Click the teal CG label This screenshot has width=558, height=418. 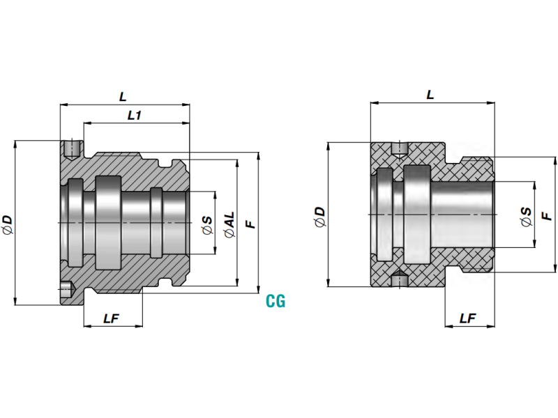[276, 302]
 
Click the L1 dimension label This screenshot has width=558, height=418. [135, 116]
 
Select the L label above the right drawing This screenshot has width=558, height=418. [430, 94]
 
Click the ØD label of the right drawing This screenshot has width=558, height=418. [319, 216]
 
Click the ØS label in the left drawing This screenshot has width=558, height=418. [206, 224]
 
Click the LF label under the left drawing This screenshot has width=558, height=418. [112, 318]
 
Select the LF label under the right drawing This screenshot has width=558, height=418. [468, 318]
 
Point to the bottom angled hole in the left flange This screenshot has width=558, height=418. [68, 287]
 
